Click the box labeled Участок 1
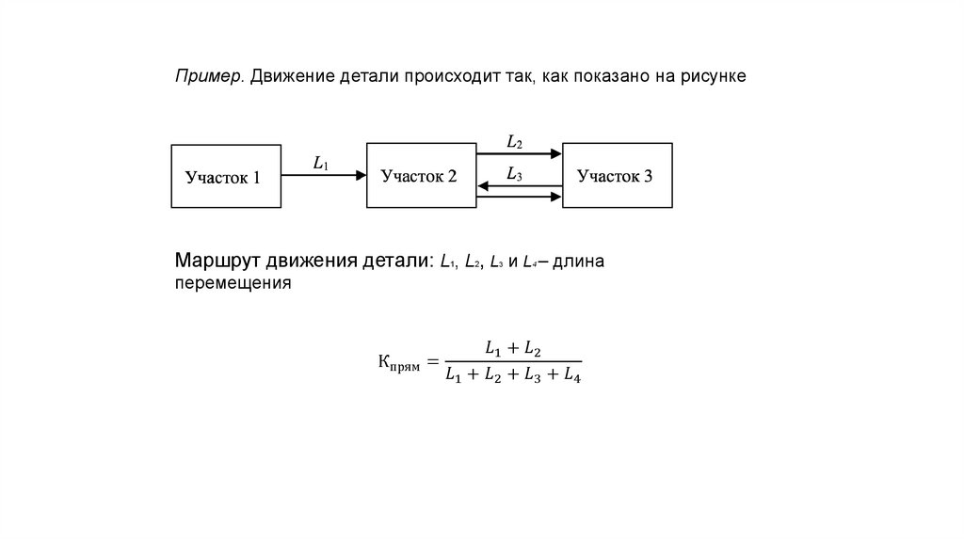[x=226, y=176]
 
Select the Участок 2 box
[x=421, y=175]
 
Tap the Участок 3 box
[x=617, y=175]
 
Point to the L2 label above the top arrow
[x=514, y=142]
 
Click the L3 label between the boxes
[x=514, y=173]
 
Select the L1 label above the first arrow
[x=321, y=163]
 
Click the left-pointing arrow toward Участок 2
[x=520, y=186]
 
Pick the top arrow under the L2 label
[x=520, y=152]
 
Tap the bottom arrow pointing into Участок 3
[x=520, y=197]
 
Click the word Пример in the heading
[x=208, y=76]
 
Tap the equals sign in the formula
[x=432, y=361]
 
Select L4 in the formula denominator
[x=570, y=377]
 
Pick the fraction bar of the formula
[x=513, y=361]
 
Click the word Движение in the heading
[x=288, y=76]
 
